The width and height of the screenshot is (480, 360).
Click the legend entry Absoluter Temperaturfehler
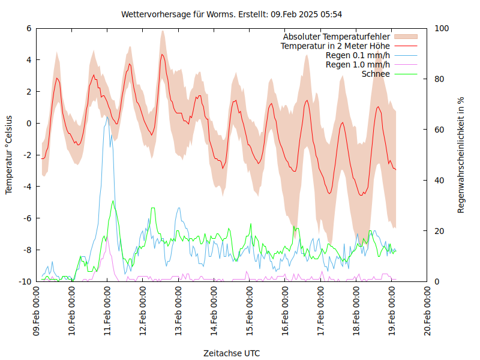337,37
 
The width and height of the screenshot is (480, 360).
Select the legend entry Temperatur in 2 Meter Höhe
335,46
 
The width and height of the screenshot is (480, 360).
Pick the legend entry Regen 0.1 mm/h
358,55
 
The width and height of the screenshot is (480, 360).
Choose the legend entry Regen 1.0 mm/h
358,65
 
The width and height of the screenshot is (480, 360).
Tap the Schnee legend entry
376,74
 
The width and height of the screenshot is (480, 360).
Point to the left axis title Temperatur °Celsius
9,155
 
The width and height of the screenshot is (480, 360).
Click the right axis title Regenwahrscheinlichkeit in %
461,155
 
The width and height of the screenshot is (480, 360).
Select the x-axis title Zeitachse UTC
232,353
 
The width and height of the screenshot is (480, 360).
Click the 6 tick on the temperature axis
29,28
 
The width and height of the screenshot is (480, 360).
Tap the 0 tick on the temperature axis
29,123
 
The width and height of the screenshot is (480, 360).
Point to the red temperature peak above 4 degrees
162,55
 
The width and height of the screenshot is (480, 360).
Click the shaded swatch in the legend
405,37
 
